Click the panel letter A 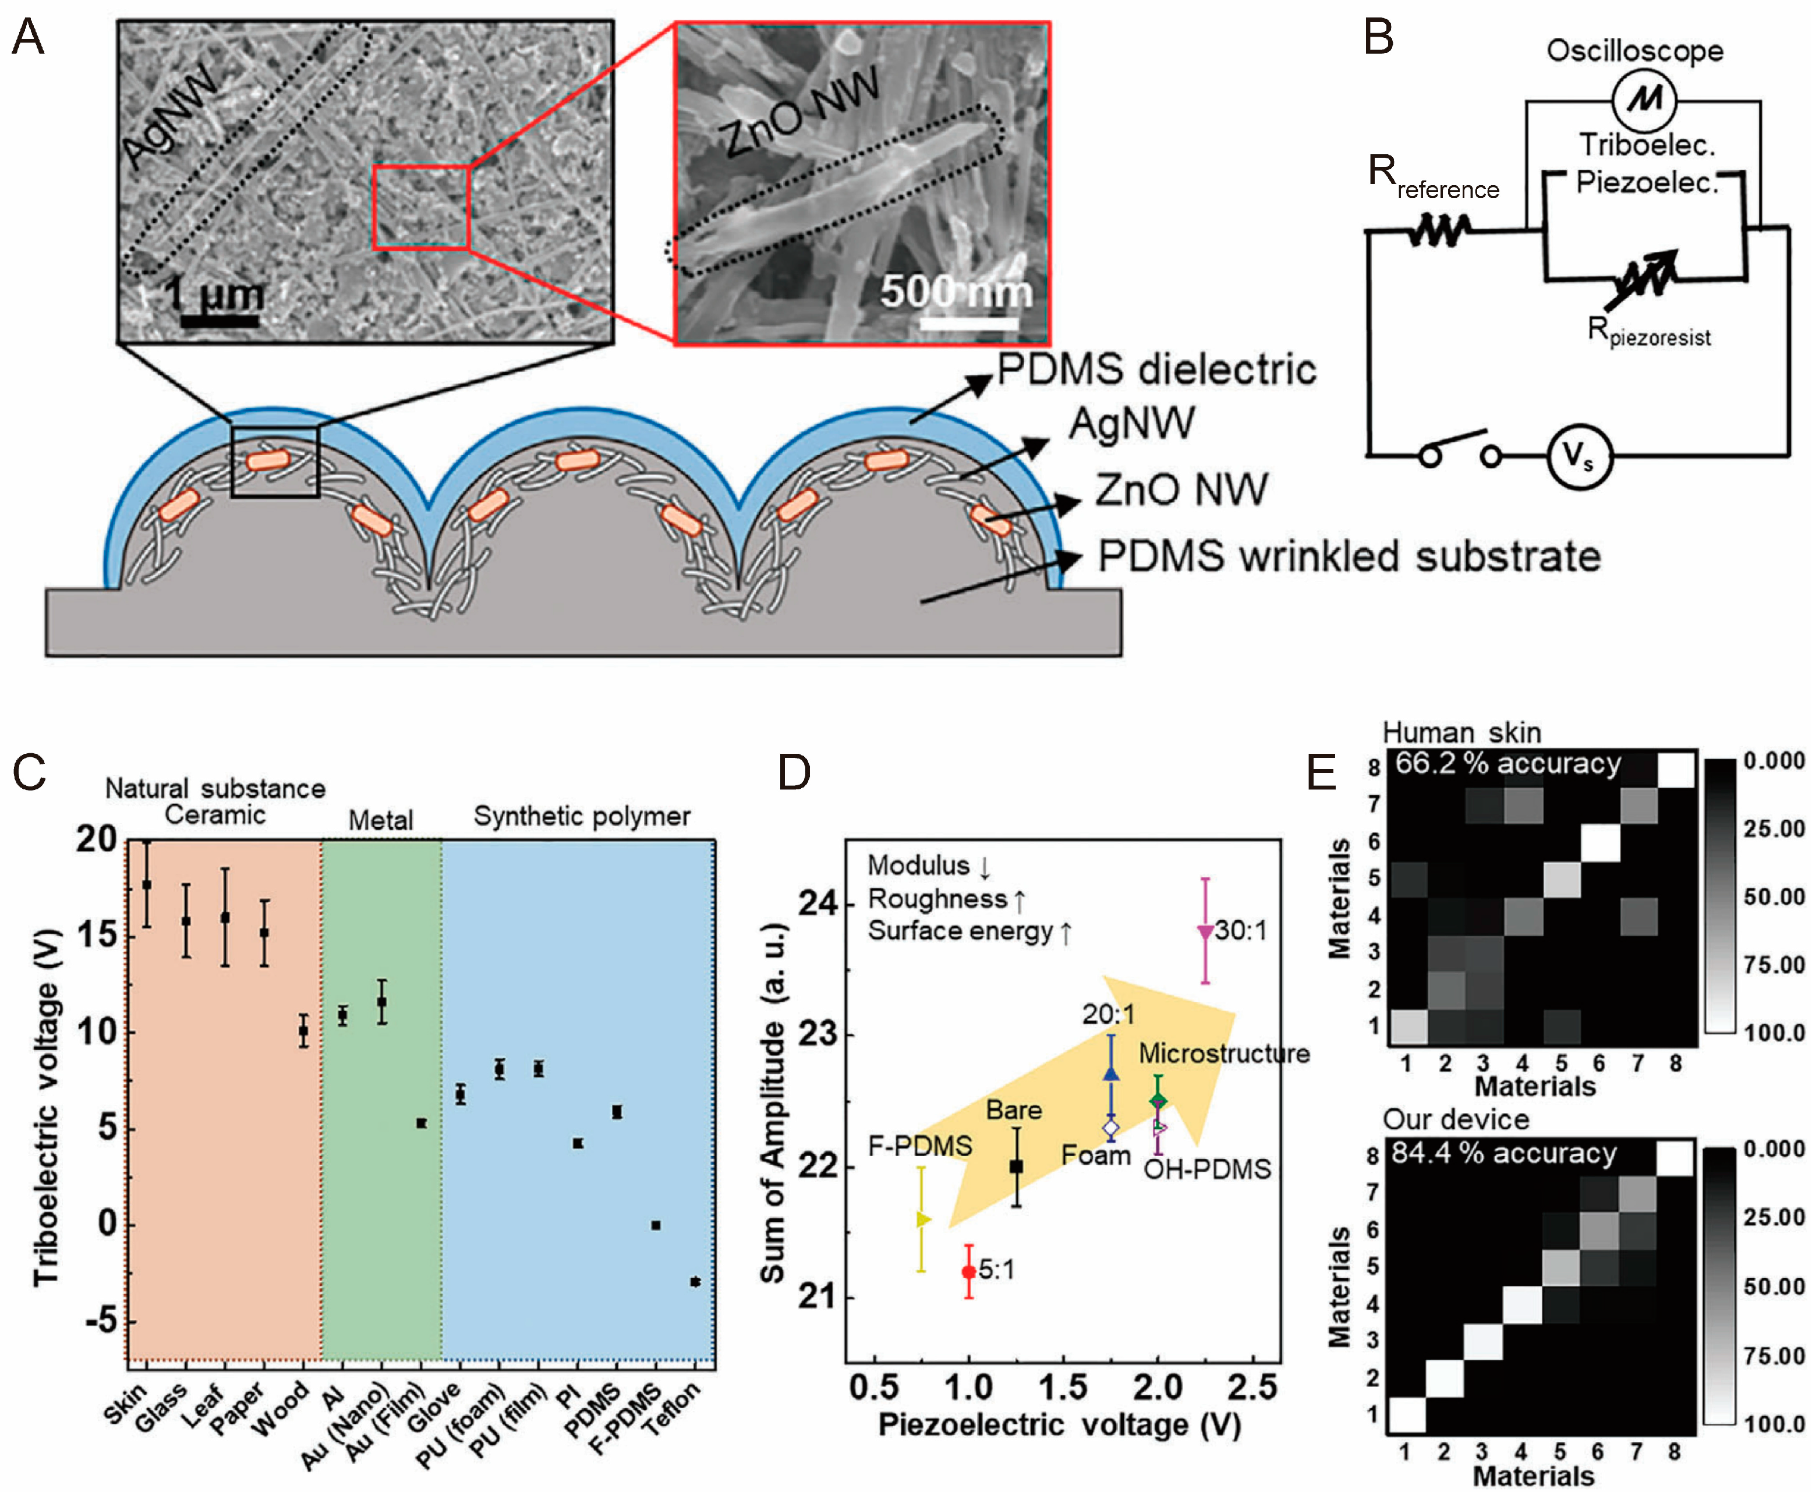(28, 38)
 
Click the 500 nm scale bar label (956, 292)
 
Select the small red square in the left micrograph (421, 208)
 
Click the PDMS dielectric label (1156, 370)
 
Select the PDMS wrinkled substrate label (1348, 556)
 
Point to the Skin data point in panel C (146, 884)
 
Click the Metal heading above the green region (380, 819)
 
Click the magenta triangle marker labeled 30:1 (1204, 931)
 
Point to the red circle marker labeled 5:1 (969, 1271)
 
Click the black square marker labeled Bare (1017, 1167)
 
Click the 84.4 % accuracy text (1504, 1153)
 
